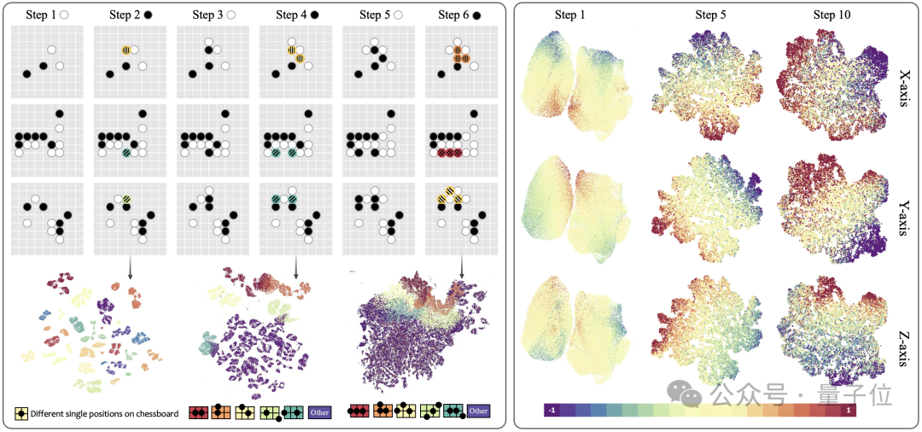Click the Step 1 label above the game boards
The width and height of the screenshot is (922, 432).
(38, 15)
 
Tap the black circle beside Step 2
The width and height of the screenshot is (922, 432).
(149, 15)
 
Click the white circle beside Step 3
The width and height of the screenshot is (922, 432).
(232, 15)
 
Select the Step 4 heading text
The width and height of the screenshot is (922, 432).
(292, 15)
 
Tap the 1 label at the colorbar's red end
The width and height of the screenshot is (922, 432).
(847, 411)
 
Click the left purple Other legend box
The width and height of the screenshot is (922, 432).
(320, 413)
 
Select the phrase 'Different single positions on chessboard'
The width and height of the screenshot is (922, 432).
(104, 414)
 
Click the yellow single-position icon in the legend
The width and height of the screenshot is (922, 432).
(21, 413)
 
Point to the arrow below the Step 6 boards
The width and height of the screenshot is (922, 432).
(463, 266)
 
